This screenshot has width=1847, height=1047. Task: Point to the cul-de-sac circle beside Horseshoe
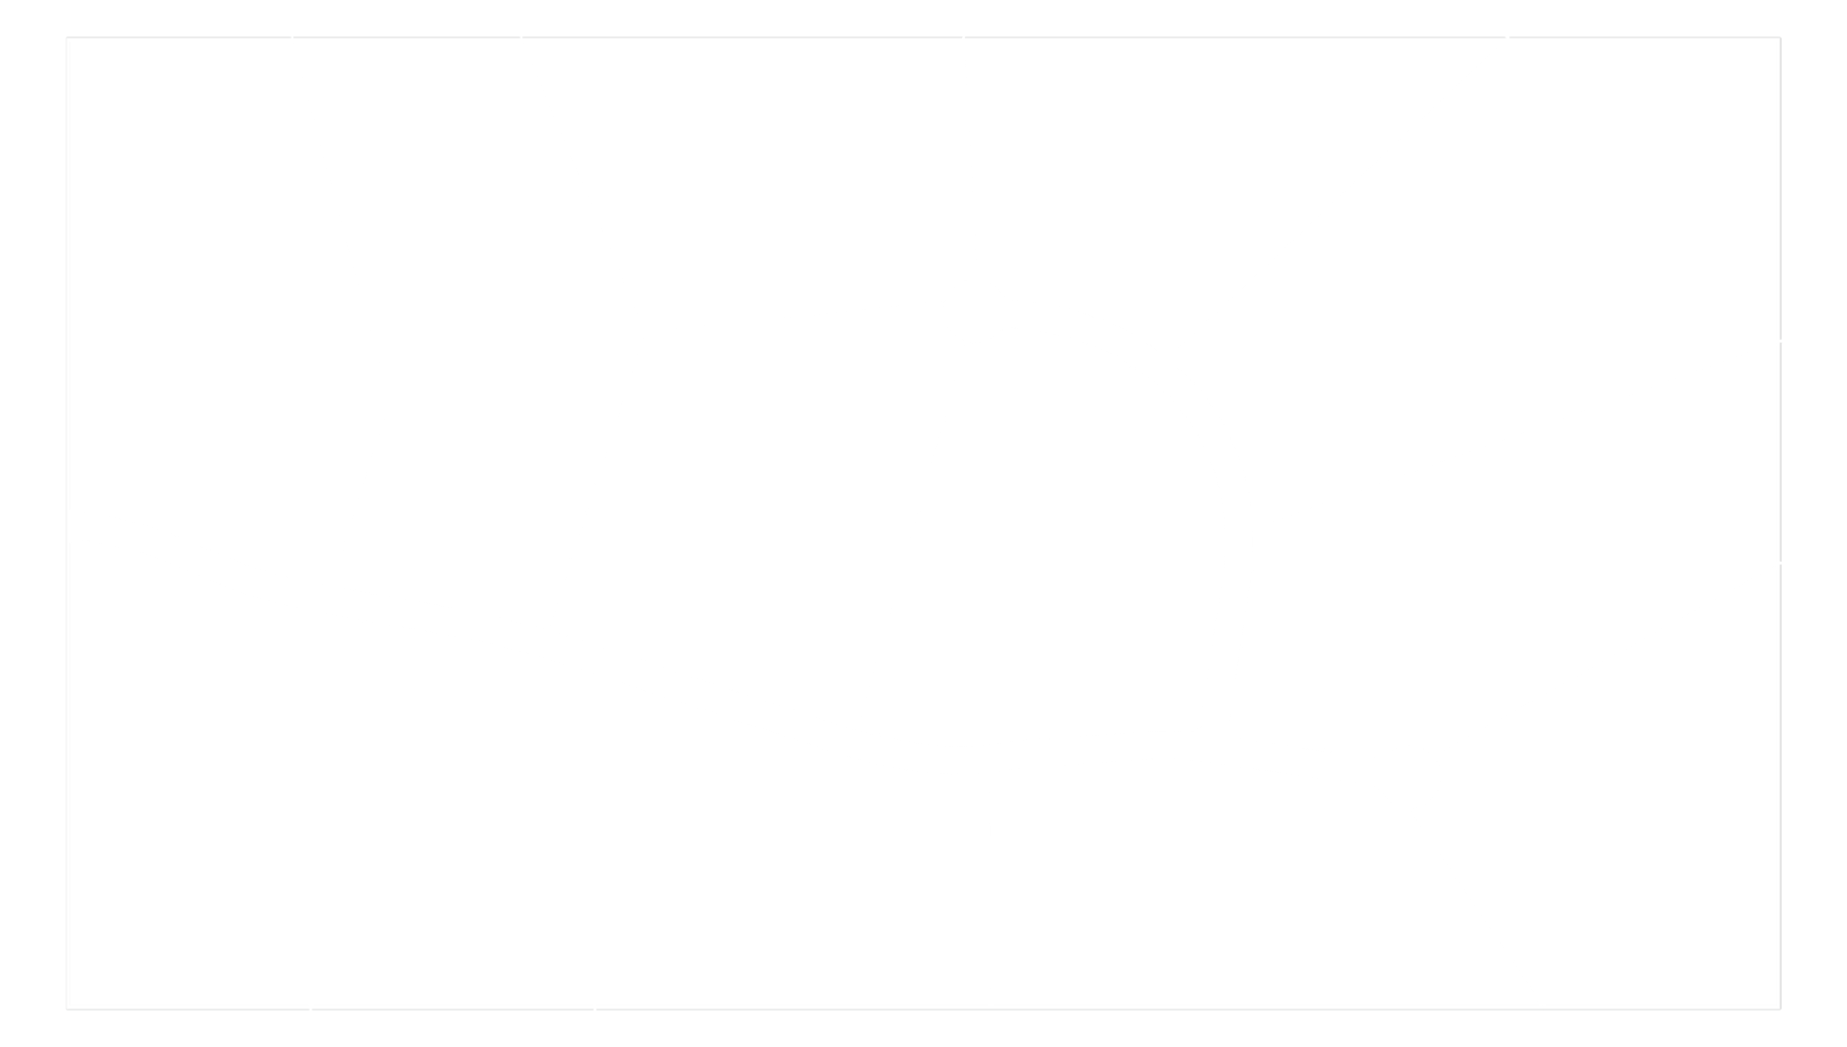tap(1409, 775)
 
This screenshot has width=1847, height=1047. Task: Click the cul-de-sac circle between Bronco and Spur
tap(974, 310)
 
